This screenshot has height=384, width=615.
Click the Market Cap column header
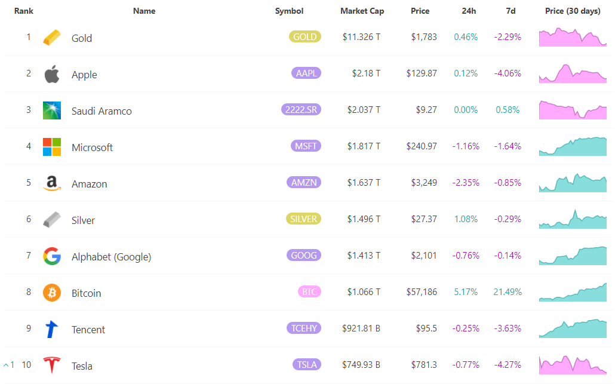(x=362, y=11)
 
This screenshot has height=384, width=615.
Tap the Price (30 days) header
(x=573, y=11)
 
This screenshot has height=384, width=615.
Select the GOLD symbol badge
(x=305, y=36)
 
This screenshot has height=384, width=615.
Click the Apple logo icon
(x=52, y=73)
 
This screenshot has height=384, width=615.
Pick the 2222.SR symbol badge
(x=301, y=109)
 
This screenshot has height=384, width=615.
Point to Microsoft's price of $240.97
(x=421, y=146)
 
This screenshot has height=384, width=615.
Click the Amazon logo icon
(x=52, y=183)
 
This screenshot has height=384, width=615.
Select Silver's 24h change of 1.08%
(x=466, y=219)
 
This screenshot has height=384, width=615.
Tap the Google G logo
(x=52, y=256)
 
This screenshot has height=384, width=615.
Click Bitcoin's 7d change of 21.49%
(x=508, y=292)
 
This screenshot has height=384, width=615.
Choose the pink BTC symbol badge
(x=309, y=291)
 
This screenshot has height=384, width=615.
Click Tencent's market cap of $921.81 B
(x=361, y=328)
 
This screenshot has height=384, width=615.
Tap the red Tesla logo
(x=52, y=365)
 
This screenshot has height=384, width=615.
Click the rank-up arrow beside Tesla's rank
(x=6, y=365)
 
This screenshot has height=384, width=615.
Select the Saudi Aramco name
(x=102, y=111)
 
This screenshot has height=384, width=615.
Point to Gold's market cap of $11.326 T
(x=361, y=37)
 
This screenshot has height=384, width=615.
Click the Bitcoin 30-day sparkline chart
(x=573, y=293)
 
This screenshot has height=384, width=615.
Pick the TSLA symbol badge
(x=307, y=364)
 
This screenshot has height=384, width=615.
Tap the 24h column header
(x=469, y=11)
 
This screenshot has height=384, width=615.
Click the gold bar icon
(x=52, y=37)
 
